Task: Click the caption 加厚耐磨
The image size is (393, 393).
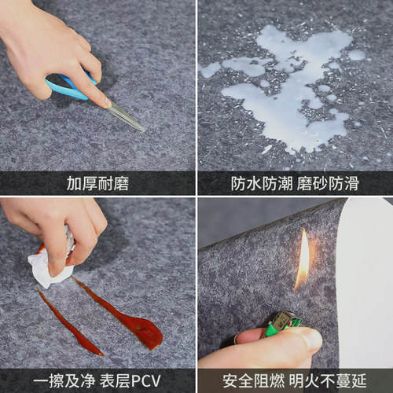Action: click(x=97, y=184)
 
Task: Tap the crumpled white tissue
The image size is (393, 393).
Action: click(x=51, y=263)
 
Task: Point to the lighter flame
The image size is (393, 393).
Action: click(x=303, y=259)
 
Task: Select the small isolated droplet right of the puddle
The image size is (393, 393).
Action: click(x=357, y=55)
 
